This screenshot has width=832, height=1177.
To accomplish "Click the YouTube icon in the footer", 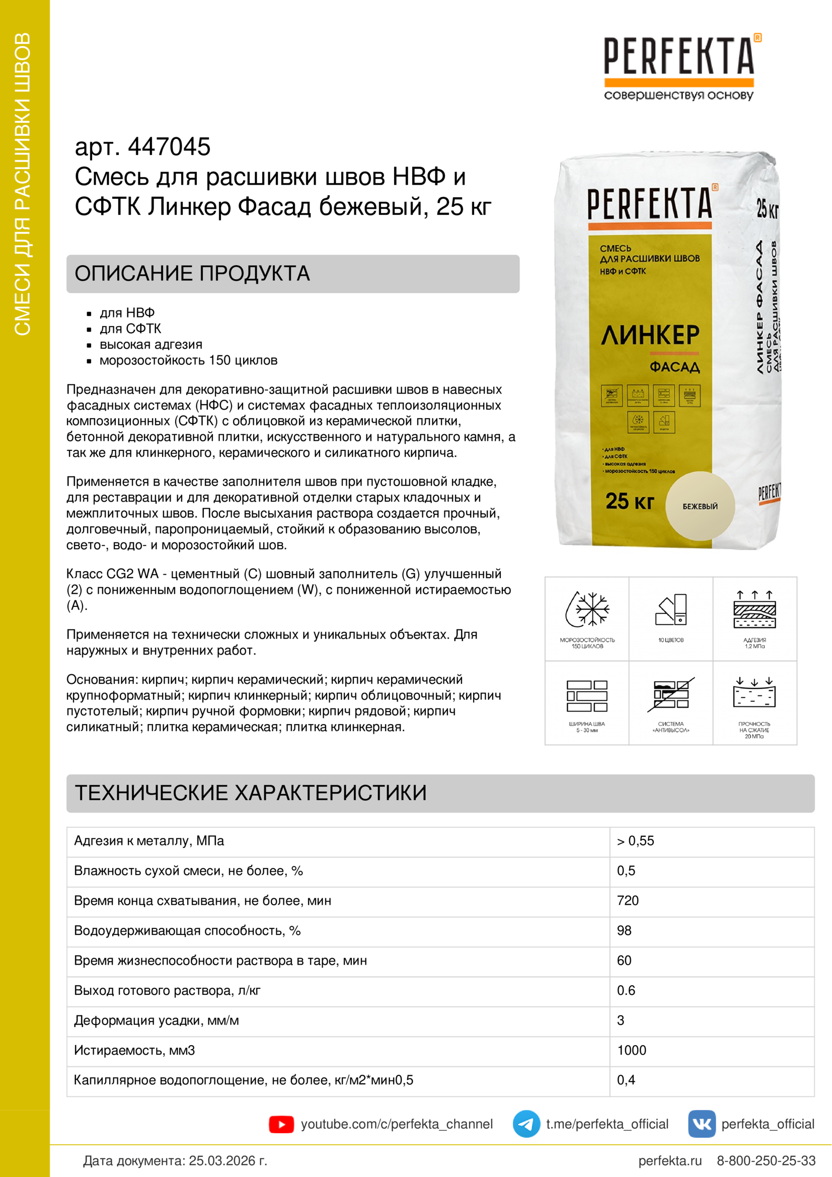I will tap(281, 1124).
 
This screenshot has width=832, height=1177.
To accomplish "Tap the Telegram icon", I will tap(526, 1124).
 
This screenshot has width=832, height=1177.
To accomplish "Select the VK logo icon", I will tap(701, 1124).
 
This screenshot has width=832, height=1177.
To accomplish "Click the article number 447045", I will tap(169, 146).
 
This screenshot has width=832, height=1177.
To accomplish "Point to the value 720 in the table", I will tap(628, 901).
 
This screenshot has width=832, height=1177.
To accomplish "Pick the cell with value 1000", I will tap(632, 1050).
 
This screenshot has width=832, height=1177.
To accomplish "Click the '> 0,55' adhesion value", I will tap(635, 841).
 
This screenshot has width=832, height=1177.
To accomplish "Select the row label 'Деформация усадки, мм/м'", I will tap(157, 1020).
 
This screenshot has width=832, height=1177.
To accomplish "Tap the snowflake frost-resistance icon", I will tap(587, 609).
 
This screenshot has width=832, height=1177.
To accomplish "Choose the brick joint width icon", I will tap(587, 695).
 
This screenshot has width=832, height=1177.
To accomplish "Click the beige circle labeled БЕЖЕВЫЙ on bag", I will tap(700, 506).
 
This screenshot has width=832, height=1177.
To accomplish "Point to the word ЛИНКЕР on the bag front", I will tap(650, 335).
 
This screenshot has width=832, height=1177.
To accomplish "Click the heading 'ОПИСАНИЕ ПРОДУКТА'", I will tap(192, 274).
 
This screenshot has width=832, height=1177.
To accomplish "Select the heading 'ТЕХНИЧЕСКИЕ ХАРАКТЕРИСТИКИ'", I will tap(251, 793).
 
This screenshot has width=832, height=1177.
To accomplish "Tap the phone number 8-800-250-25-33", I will tap(766, 1160).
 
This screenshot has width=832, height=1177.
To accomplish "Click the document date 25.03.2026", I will tap(228, 1160).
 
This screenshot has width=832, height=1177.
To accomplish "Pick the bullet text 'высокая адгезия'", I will tap(150, 345).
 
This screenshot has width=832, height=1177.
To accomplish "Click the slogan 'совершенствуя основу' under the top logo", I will tap(678, 95).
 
